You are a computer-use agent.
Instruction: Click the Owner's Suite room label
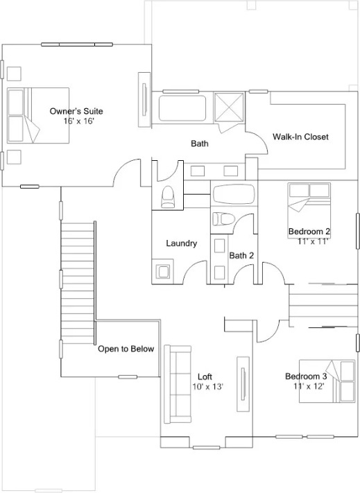point(76,111)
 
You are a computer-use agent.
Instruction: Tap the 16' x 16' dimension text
point(78,121)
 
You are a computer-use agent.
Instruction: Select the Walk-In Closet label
point(300,137)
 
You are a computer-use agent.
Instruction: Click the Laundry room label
point(182,243)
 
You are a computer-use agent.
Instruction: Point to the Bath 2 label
point(241,256)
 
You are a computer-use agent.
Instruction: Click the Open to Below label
point(126,349)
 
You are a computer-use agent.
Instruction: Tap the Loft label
point(205,377)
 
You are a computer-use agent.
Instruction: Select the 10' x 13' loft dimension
point(207,386)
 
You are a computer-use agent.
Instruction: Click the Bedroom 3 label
point(306,376)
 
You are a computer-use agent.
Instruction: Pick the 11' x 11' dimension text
point(313,241)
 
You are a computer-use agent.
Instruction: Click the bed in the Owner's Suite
point(38,115)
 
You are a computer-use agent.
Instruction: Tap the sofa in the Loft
point(178,384)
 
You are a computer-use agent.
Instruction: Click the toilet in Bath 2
point(223,219)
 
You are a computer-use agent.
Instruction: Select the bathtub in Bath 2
point(234,194)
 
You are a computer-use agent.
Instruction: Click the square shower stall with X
point(229,107)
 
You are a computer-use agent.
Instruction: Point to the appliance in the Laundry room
point(164,271)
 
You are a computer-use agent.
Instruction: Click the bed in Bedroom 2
point(309,210)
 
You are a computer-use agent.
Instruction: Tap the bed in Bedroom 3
point(327,381)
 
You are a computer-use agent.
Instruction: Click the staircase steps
point(78,283)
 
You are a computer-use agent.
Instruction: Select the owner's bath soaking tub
point(182,108)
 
